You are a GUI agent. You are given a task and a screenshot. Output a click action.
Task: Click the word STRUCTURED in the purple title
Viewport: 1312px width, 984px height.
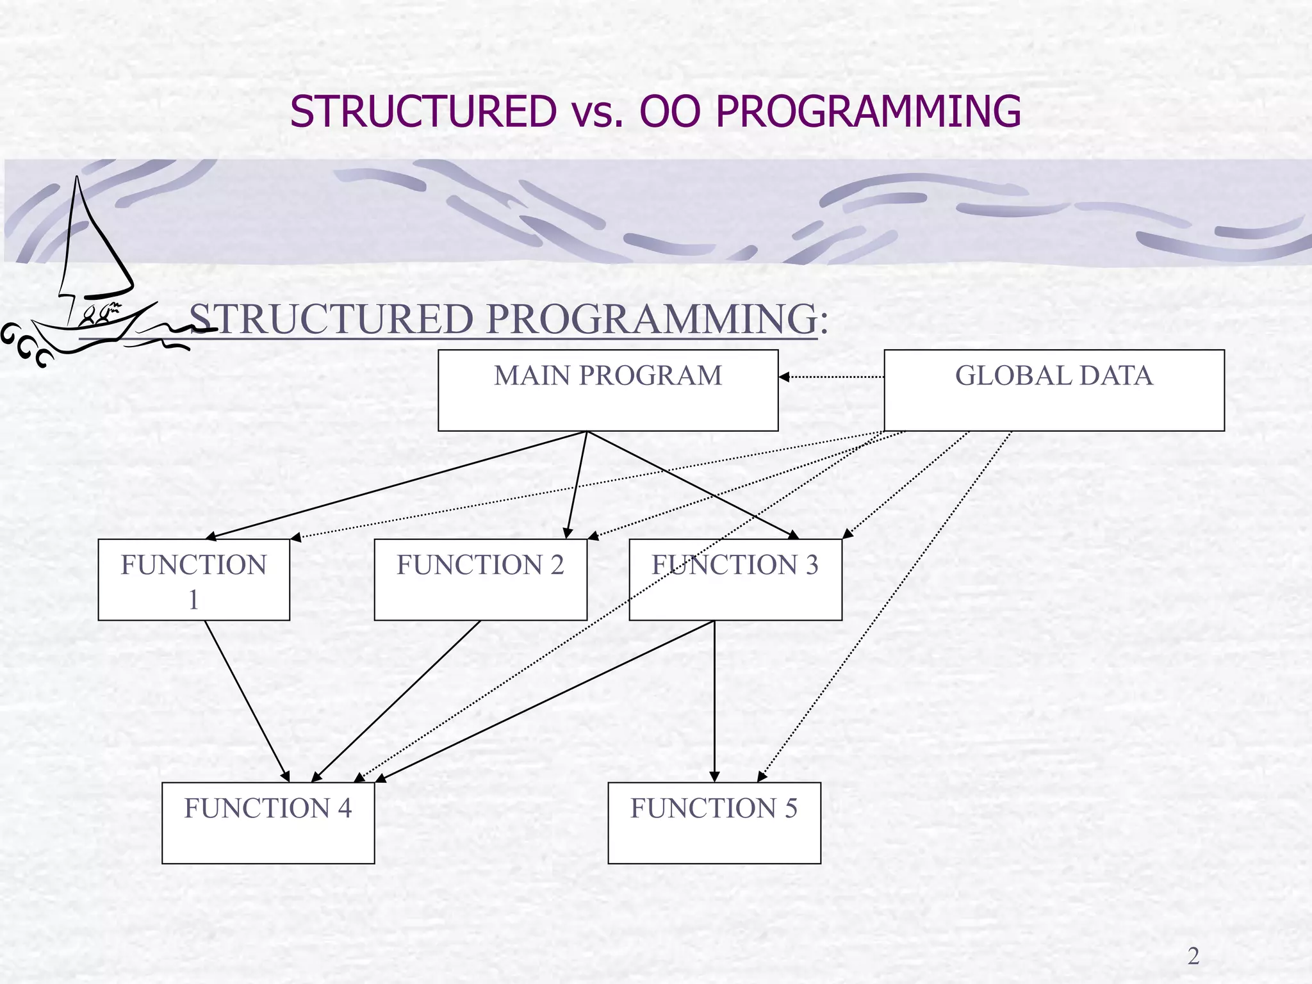click(x=423, y=111)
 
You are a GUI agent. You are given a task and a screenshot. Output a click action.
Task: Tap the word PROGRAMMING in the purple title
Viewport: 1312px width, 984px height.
click(x=868, y=111)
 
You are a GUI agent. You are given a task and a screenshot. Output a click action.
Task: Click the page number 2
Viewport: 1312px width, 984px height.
click(x=1193, y=956)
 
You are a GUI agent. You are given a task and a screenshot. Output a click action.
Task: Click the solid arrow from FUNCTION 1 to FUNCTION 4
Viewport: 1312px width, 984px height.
click(x=247, y=701)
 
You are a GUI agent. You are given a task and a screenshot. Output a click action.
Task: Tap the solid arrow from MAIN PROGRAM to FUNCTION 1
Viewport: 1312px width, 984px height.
click(x=397, y=485)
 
